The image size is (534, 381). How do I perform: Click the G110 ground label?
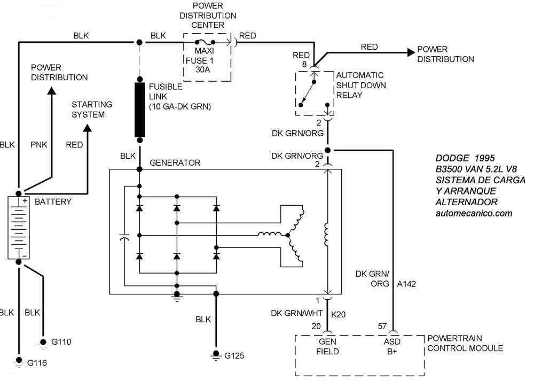(x=61, y=341)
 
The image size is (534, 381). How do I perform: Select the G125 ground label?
(x=235, y=355)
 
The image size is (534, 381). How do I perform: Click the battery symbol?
(x=19, y=228)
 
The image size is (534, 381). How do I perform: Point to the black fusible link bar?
(x=140, y=110)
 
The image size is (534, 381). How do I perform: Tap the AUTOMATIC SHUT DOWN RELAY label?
(x=361, y=85)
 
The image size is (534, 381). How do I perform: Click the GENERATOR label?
(x=175, y=162)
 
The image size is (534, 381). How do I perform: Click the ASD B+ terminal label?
(x=393, y=346)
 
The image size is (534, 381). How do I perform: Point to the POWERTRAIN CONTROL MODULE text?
(x=465, y=343)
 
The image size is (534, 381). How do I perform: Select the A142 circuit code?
(x=406, y=284)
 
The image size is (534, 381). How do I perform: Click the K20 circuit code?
(x=339, y=314)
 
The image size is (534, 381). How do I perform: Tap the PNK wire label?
(x=39, y=144)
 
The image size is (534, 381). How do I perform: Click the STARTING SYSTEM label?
(x=92, y=110)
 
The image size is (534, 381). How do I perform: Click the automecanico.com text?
(x=474, y=213)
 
